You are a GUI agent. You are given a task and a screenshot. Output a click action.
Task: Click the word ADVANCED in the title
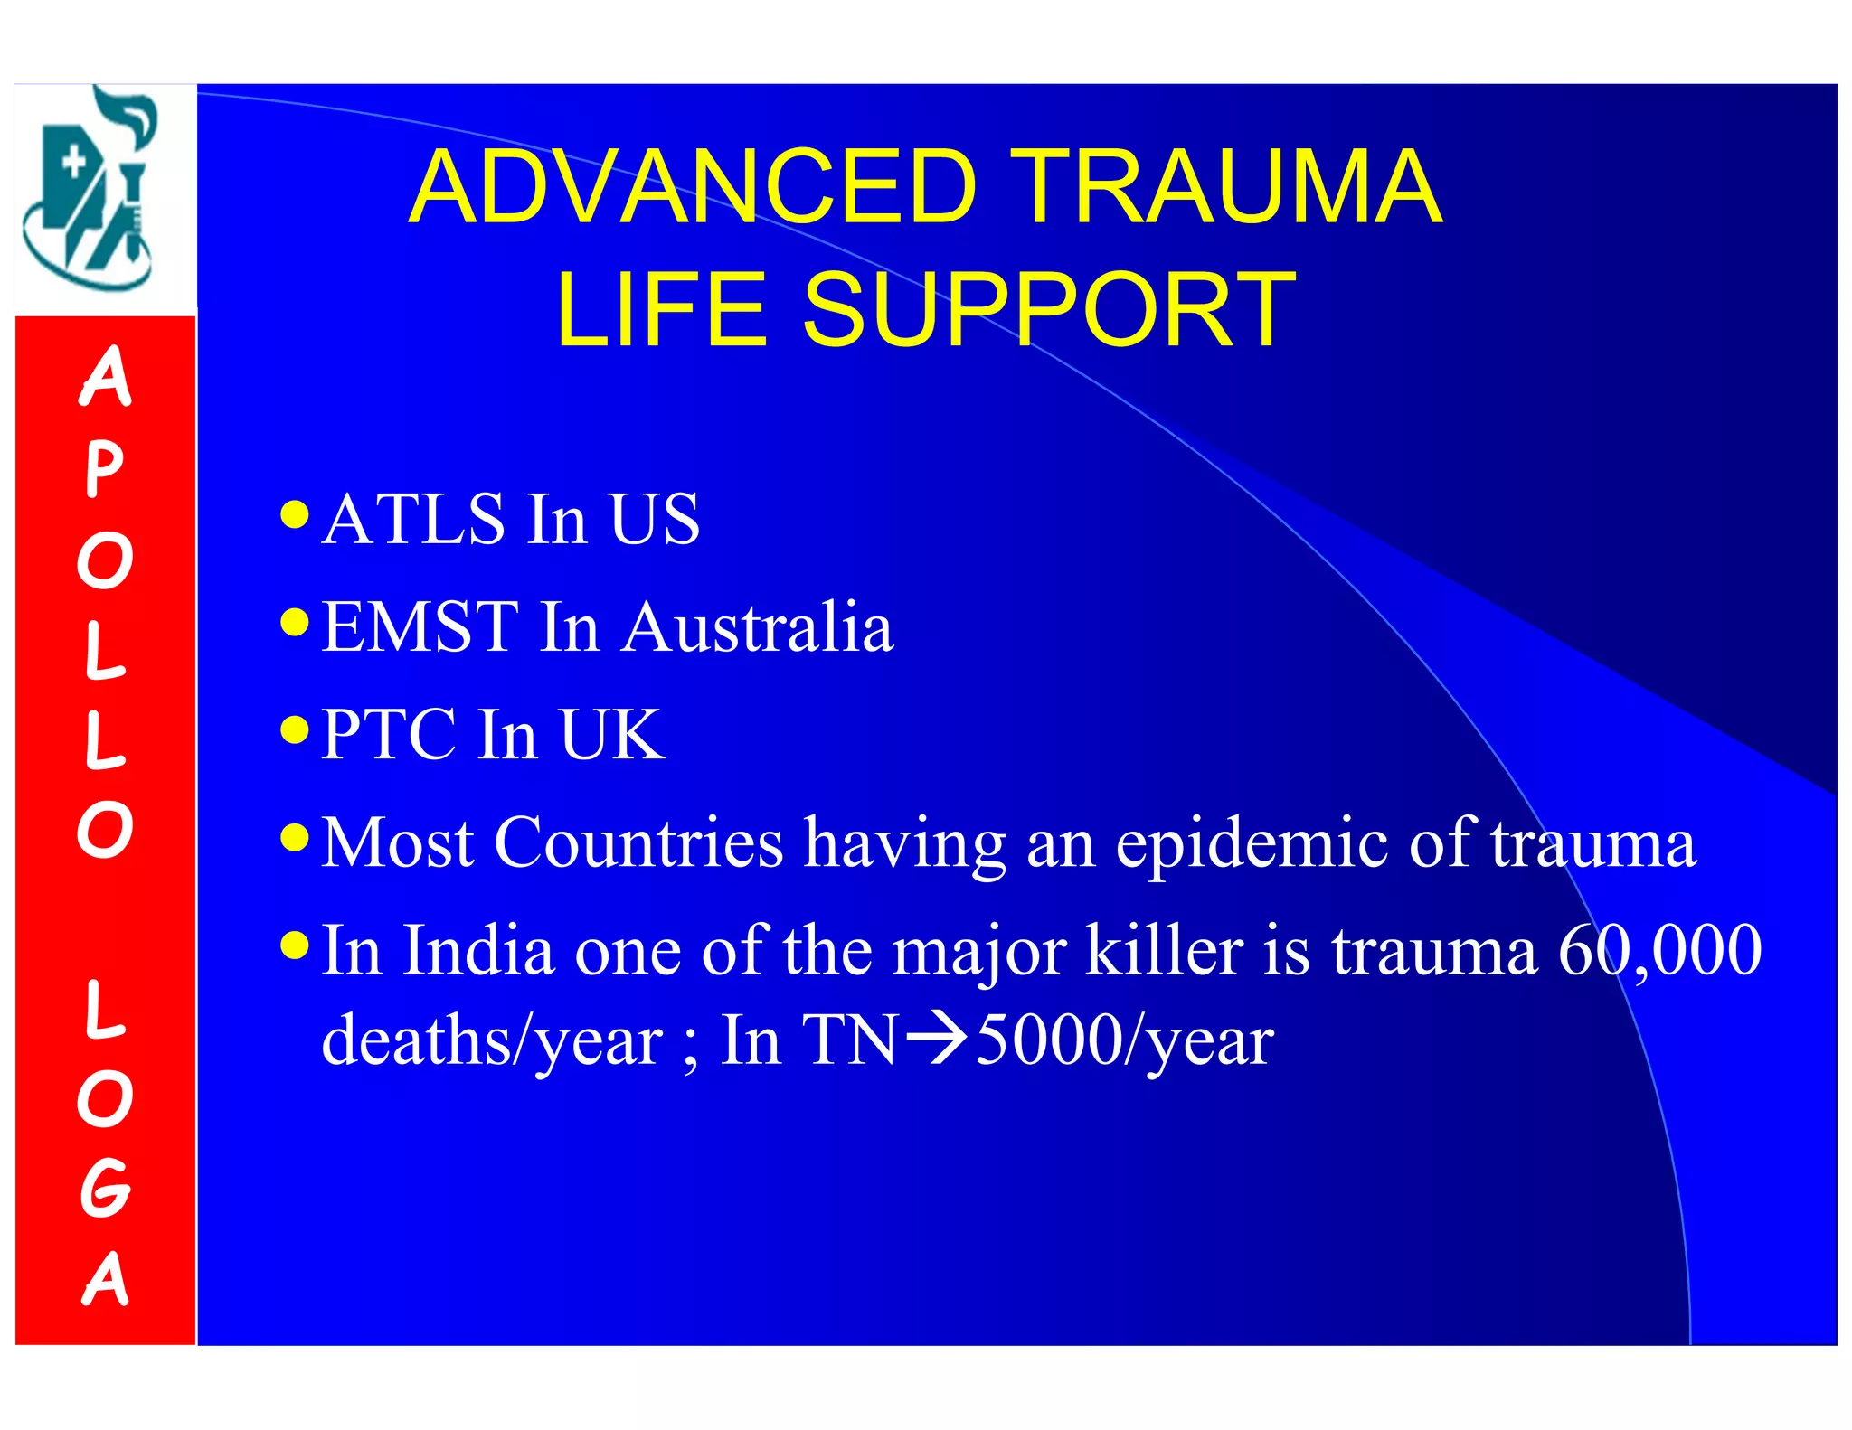[694, 187]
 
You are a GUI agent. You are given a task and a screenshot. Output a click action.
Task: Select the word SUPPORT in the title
[1049, 310]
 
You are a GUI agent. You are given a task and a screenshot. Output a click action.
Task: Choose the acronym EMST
[420, 626]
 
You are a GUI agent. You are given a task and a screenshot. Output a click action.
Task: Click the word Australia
[758, 626]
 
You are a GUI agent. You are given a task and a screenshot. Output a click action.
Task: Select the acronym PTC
[389, 734]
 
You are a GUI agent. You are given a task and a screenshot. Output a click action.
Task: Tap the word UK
[612, 734]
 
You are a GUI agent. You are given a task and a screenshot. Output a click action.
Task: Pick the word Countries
[638, 842]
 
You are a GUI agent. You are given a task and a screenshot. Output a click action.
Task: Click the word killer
[1164, 950]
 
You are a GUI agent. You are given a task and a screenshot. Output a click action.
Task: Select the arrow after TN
[937, 1040]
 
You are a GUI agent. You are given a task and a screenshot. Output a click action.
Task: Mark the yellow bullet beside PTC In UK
[295, 729]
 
